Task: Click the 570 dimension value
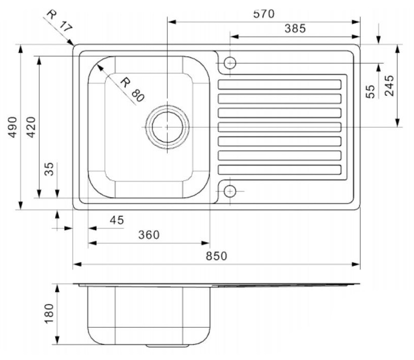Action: pyautogui.click(x=264, y=14)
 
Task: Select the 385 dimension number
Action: pyautogui.click(x=295, y=28)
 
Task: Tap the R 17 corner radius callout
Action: pyautogui.click(x=59, y=20)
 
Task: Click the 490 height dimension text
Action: pyautogui.click(x=13, y=127)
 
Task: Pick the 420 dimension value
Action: pyautogui.click(x=31, y=127)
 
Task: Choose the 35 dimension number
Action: pyautogui.click(x=49, y=169)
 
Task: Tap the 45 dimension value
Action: pyautogui.click(x=117, y=220)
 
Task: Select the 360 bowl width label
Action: pyautogui.click(x=149, y=235)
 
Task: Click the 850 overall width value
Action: pyautogui.click(x=217, y=256)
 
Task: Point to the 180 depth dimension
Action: pyautogui.click(x=49, y=313)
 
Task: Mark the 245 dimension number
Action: pyautogui.click(x=389, y=85)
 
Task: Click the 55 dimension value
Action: pyautogui.click(x=371, y=92)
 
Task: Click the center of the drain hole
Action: pyautogui.click(x=167, y=127)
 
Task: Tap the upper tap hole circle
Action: pyautogui.click(x=230, y=63)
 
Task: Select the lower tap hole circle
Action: pyautogui.click(x=230, y=191)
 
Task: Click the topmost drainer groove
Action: pyautogui.click(x=280, y=84)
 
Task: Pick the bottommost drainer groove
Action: pyautogui.click(x=280, y=170)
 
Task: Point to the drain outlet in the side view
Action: pyautogui.click(x=167, y=346)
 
